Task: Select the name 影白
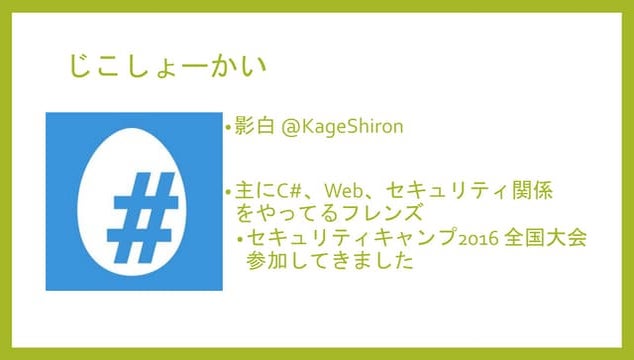click(x=254, y=129)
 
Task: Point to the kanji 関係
click(x=531, y=189)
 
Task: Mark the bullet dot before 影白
click(x=227, y=130)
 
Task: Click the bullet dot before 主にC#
click(x=227, y=190)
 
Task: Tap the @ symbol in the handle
click(x=291, y=129)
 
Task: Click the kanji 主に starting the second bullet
click(x=250, y=189)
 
